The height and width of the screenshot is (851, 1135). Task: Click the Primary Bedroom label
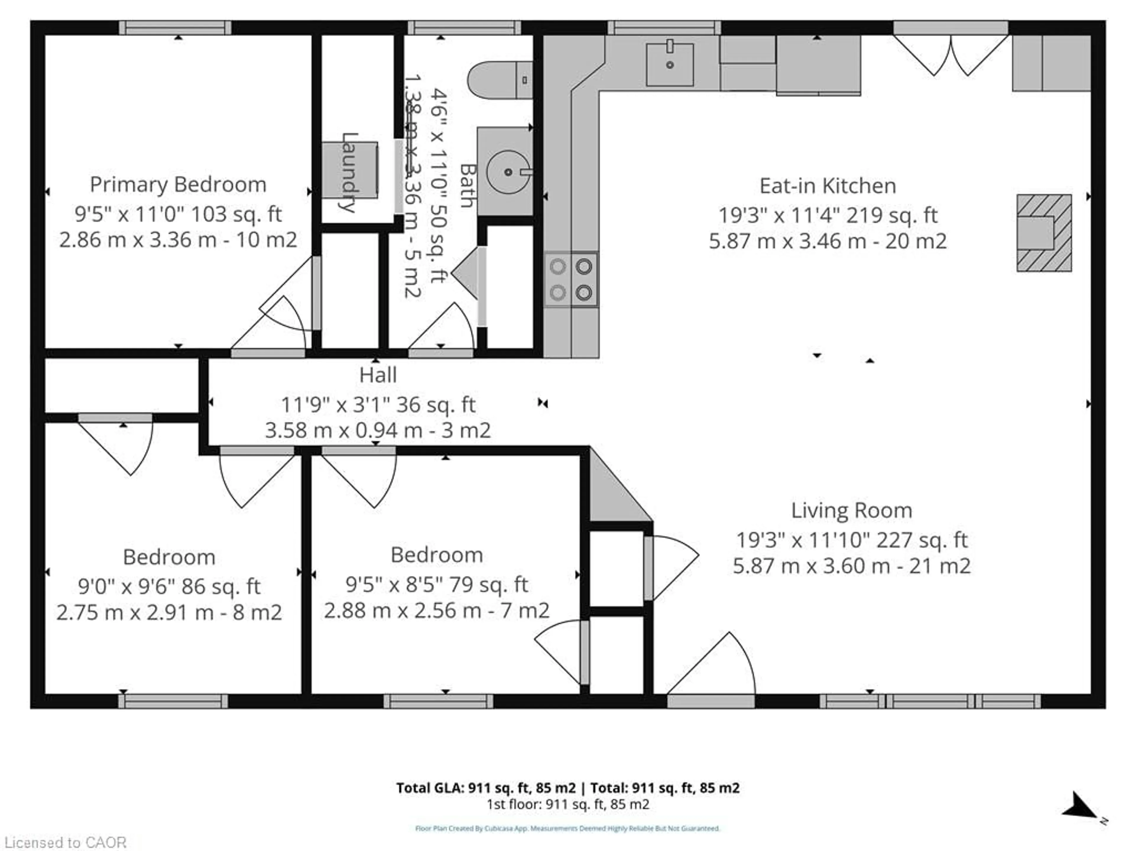click(x=178, y=185)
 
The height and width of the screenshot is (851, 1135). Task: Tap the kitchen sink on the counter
click(x=669, y=64)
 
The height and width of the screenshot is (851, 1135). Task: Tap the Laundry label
click(x=349, y=172)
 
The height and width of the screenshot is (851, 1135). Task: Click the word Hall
click(x=378, y=375)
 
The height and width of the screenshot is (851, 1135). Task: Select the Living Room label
click(x=851, y=510)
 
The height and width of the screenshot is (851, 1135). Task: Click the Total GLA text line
click(x=567, y=788)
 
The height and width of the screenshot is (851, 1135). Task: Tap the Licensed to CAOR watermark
click(x=65, y=842)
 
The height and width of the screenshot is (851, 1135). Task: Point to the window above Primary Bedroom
click(x=175, y=28)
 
